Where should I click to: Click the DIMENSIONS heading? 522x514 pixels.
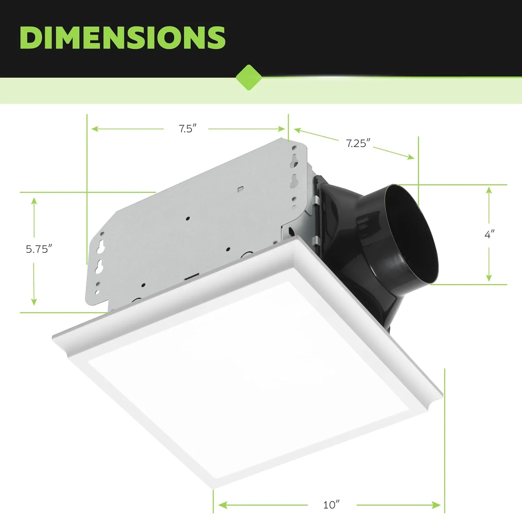(x=122, y=38)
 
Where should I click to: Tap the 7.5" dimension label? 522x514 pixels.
(x=188, y=129)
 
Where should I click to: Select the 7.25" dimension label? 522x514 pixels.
(x=358, y=143)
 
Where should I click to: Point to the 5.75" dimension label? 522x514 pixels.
(x=39, y=249)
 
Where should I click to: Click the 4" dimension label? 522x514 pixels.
(x=489, y=234)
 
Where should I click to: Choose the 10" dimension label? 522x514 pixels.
(x=331, y=505)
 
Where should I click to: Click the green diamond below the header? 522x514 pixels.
(x=249, y=77)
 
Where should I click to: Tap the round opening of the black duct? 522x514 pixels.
(x=412, y=233)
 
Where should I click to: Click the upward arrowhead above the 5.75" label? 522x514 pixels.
(x=34, y=201)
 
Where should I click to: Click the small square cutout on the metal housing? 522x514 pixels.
(x=240, y=189)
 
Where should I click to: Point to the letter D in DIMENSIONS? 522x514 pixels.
(x=31, y=38)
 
